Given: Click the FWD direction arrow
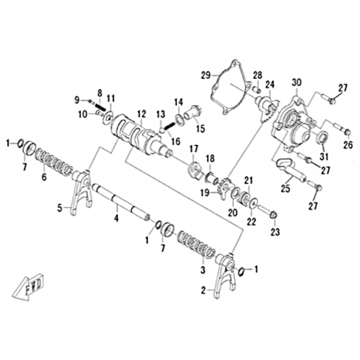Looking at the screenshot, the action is [x=29, y=288].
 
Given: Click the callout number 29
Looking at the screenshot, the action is [x=206, y=75].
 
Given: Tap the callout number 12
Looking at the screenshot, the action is [x=142, y=114].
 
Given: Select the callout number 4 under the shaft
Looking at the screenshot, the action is [x=116, y=218].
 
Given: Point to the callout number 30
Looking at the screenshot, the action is [x=296, y=83].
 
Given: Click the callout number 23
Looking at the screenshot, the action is [x=275, y=232].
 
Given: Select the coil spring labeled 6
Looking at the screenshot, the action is [x=53, y=162].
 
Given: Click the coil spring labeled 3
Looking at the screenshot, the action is [x=196, y=245].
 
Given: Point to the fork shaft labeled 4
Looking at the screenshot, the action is [x=121, y=202].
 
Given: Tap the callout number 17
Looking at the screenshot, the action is [x=194, y=149].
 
